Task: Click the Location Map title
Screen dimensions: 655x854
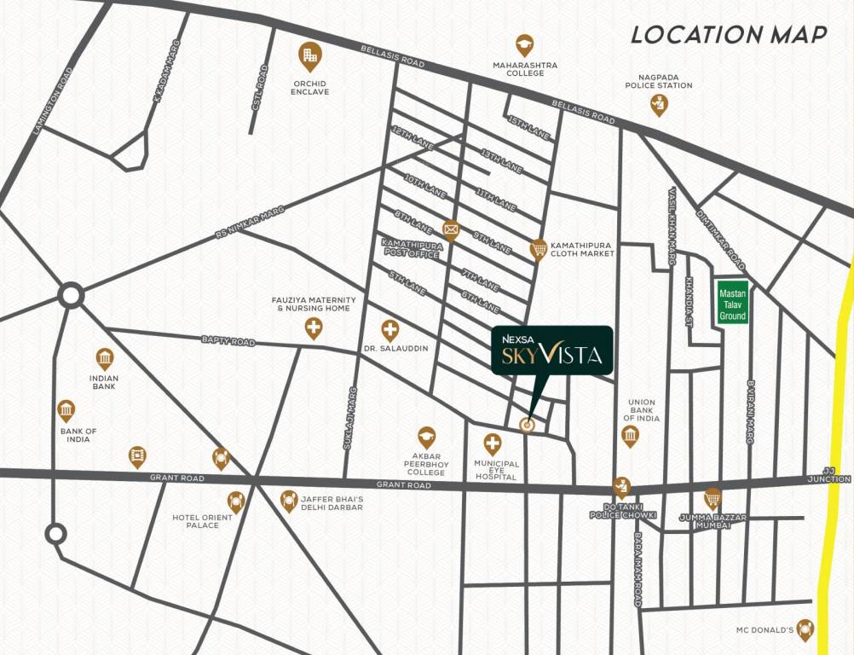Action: point(729,35)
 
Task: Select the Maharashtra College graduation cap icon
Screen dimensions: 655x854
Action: point(524,44)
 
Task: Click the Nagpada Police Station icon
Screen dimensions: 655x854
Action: point(658,104)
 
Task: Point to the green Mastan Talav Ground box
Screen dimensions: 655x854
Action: point(732,302)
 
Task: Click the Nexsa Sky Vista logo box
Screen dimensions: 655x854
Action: point(551,351)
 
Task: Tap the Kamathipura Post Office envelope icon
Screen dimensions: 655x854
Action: point(451,229)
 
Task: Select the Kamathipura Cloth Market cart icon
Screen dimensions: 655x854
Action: point(538,248)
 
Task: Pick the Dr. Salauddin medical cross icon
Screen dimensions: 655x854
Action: point(390,329)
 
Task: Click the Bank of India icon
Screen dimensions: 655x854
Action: point(66,410)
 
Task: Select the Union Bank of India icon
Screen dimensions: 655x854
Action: point(630,437)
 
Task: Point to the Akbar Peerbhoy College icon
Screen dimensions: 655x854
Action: point(425,437)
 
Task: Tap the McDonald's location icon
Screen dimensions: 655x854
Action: point(804,629)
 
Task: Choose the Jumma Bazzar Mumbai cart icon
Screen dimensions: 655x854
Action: point(712,498)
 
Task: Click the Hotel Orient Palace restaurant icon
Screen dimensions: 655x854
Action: point(236,501)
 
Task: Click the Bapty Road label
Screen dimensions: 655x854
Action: point(228,341)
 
